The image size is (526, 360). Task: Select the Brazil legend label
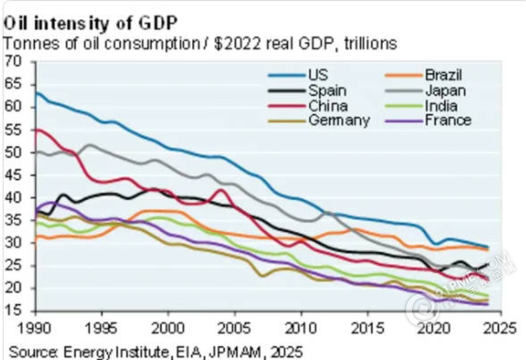click(x=443, y=75)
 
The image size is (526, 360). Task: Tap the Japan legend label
click(x=445, y=91)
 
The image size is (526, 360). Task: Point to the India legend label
click(x=441, y=106)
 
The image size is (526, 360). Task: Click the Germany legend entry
click(x=338, y=120)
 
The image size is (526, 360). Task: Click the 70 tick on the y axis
click(x=13, y=61)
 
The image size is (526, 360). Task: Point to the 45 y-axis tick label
click(x=13, y=175)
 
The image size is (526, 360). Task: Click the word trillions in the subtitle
click(x=370, y=44)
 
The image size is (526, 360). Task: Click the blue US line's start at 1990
click(x=36, y=92)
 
